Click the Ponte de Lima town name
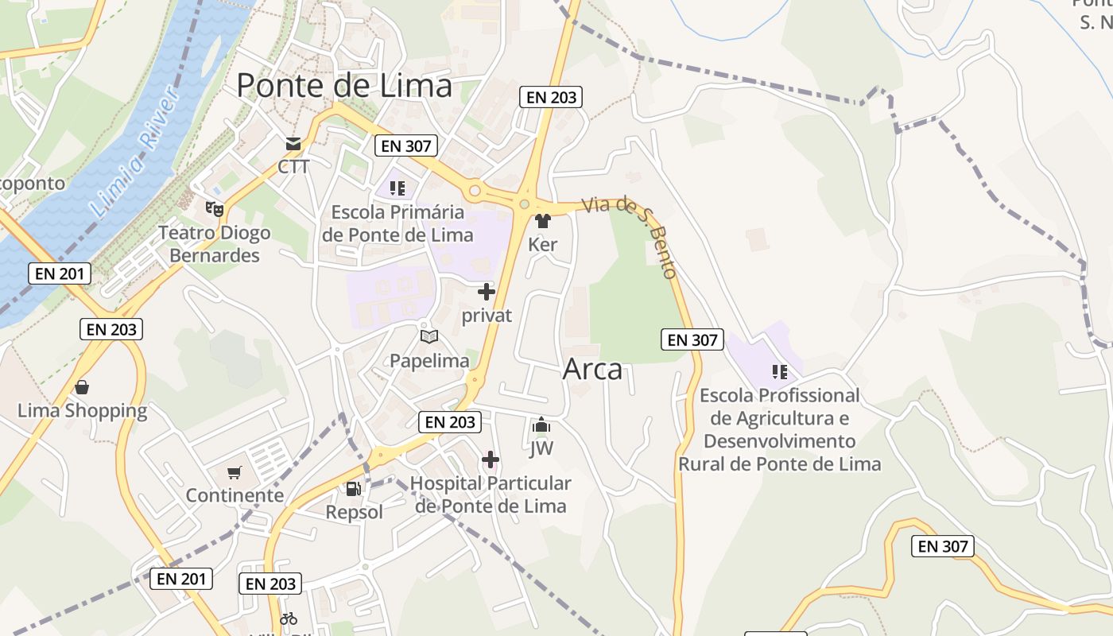[344, 85]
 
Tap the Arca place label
[592, 370]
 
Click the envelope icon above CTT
[293, 144]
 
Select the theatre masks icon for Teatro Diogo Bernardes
[214, 209]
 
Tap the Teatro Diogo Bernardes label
[215, 244]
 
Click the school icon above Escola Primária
[397, 188]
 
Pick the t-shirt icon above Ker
[543, 221]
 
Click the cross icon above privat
[487, 292]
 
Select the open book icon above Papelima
[429, 337]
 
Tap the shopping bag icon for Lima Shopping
[82, 387]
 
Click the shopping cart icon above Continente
[235, 473]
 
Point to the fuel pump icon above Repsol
[354, 489]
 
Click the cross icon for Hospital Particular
[491, 460]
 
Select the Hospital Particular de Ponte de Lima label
[491, 494]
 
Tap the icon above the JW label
[541, 425]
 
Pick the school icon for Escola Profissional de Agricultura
[779, 371]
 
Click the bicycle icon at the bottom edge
[289, 619]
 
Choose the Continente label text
[235, 495]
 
